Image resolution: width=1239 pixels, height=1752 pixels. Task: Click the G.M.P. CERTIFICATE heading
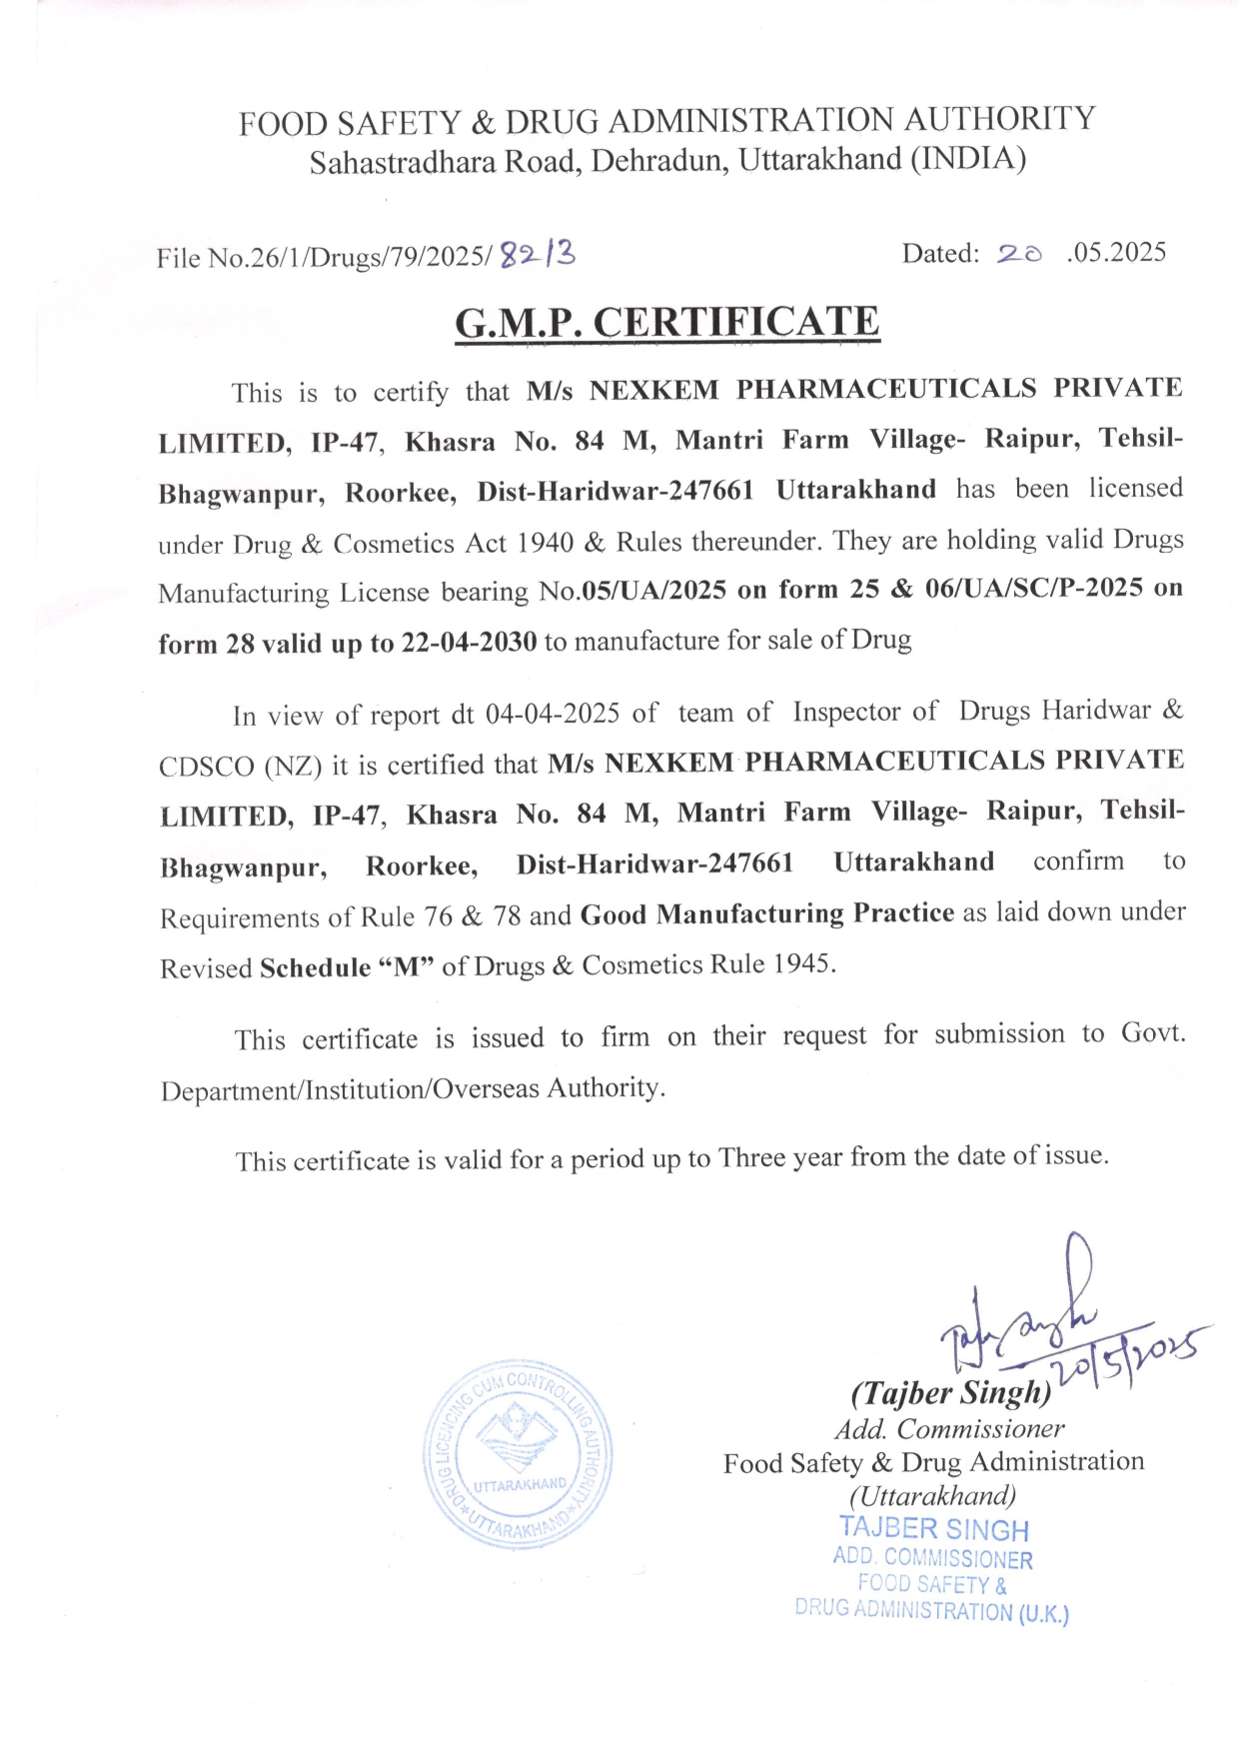[x=666, y=323]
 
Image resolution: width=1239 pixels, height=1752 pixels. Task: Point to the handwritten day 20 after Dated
[x=1018, y=254]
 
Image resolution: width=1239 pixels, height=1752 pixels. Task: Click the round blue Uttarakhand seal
[x=518, y=1454]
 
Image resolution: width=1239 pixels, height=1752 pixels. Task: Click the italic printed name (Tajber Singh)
[x=950, y=1392]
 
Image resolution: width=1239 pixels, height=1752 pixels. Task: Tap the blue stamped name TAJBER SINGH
[x=933, y=1528]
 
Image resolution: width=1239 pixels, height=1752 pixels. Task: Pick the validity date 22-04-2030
[x=469, y=642]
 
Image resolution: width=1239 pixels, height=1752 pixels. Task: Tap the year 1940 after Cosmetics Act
[x=546, y=543]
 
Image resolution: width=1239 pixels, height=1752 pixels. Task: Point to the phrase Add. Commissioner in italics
[x=948, y=1429]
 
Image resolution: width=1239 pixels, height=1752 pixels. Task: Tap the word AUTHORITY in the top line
[x=999, y=119]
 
